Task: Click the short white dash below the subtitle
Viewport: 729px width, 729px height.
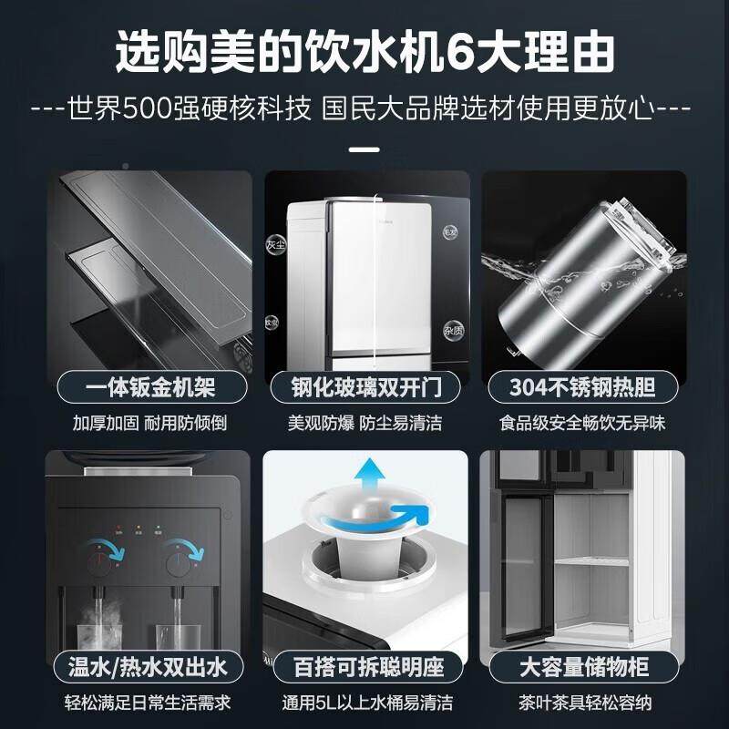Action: (x=364, y=149)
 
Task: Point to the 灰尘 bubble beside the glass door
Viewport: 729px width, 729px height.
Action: (x=275, y=245)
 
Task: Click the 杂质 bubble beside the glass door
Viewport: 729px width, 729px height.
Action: (x=453, y=329)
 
